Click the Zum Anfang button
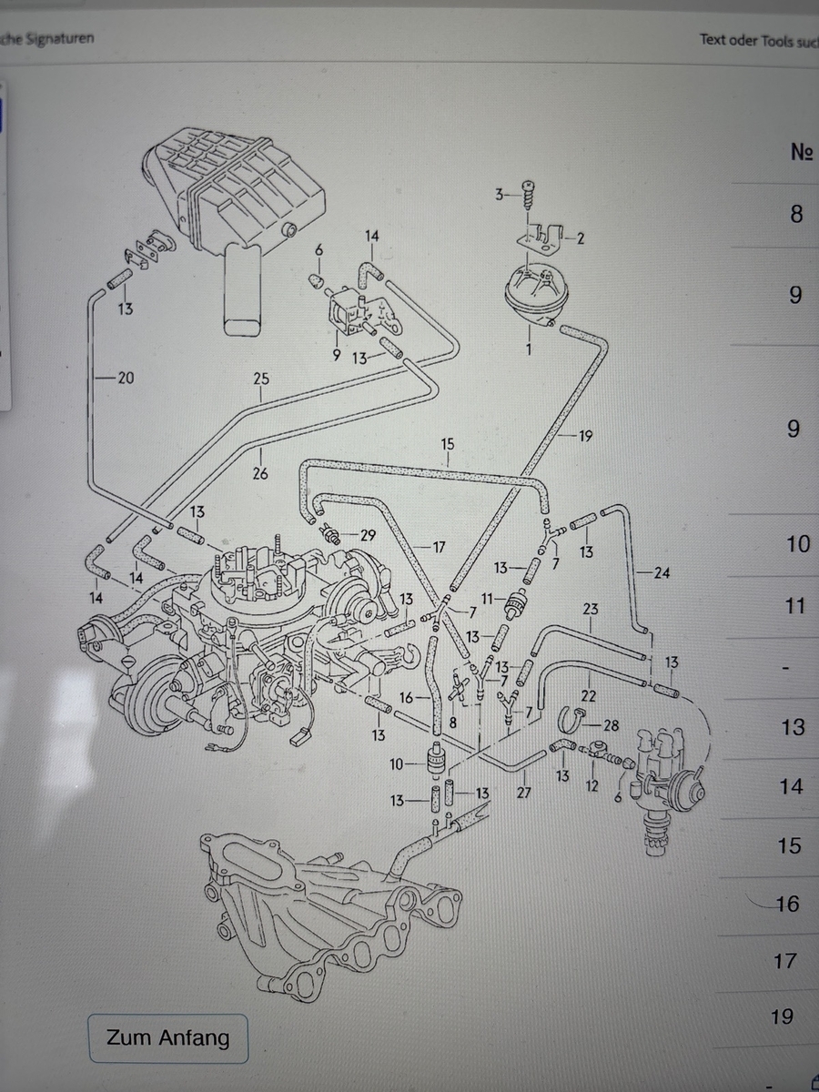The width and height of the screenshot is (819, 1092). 168,1037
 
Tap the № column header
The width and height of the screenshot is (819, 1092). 801,152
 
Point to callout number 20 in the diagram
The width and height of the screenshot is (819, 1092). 125,379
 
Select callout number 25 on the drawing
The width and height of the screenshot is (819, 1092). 261,379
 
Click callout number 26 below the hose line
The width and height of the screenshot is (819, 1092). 261,473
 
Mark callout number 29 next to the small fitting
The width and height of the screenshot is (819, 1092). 368,535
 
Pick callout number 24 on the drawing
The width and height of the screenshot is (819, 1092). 662,573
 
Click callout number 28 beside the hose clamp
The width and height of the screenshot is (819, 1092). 611,724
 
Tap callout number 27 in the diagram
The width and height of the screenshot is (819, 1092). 523,793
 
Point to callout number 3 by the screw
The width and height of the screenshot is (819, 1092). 499,194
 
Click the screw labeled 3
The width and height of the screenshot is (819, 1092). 527,194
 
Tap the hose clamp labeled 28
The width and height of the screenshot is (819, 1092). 571,722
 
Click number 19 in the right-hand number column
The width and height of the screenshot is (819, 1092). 782,1016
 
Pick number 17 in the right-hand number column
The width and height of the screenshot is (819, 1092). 784,960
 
